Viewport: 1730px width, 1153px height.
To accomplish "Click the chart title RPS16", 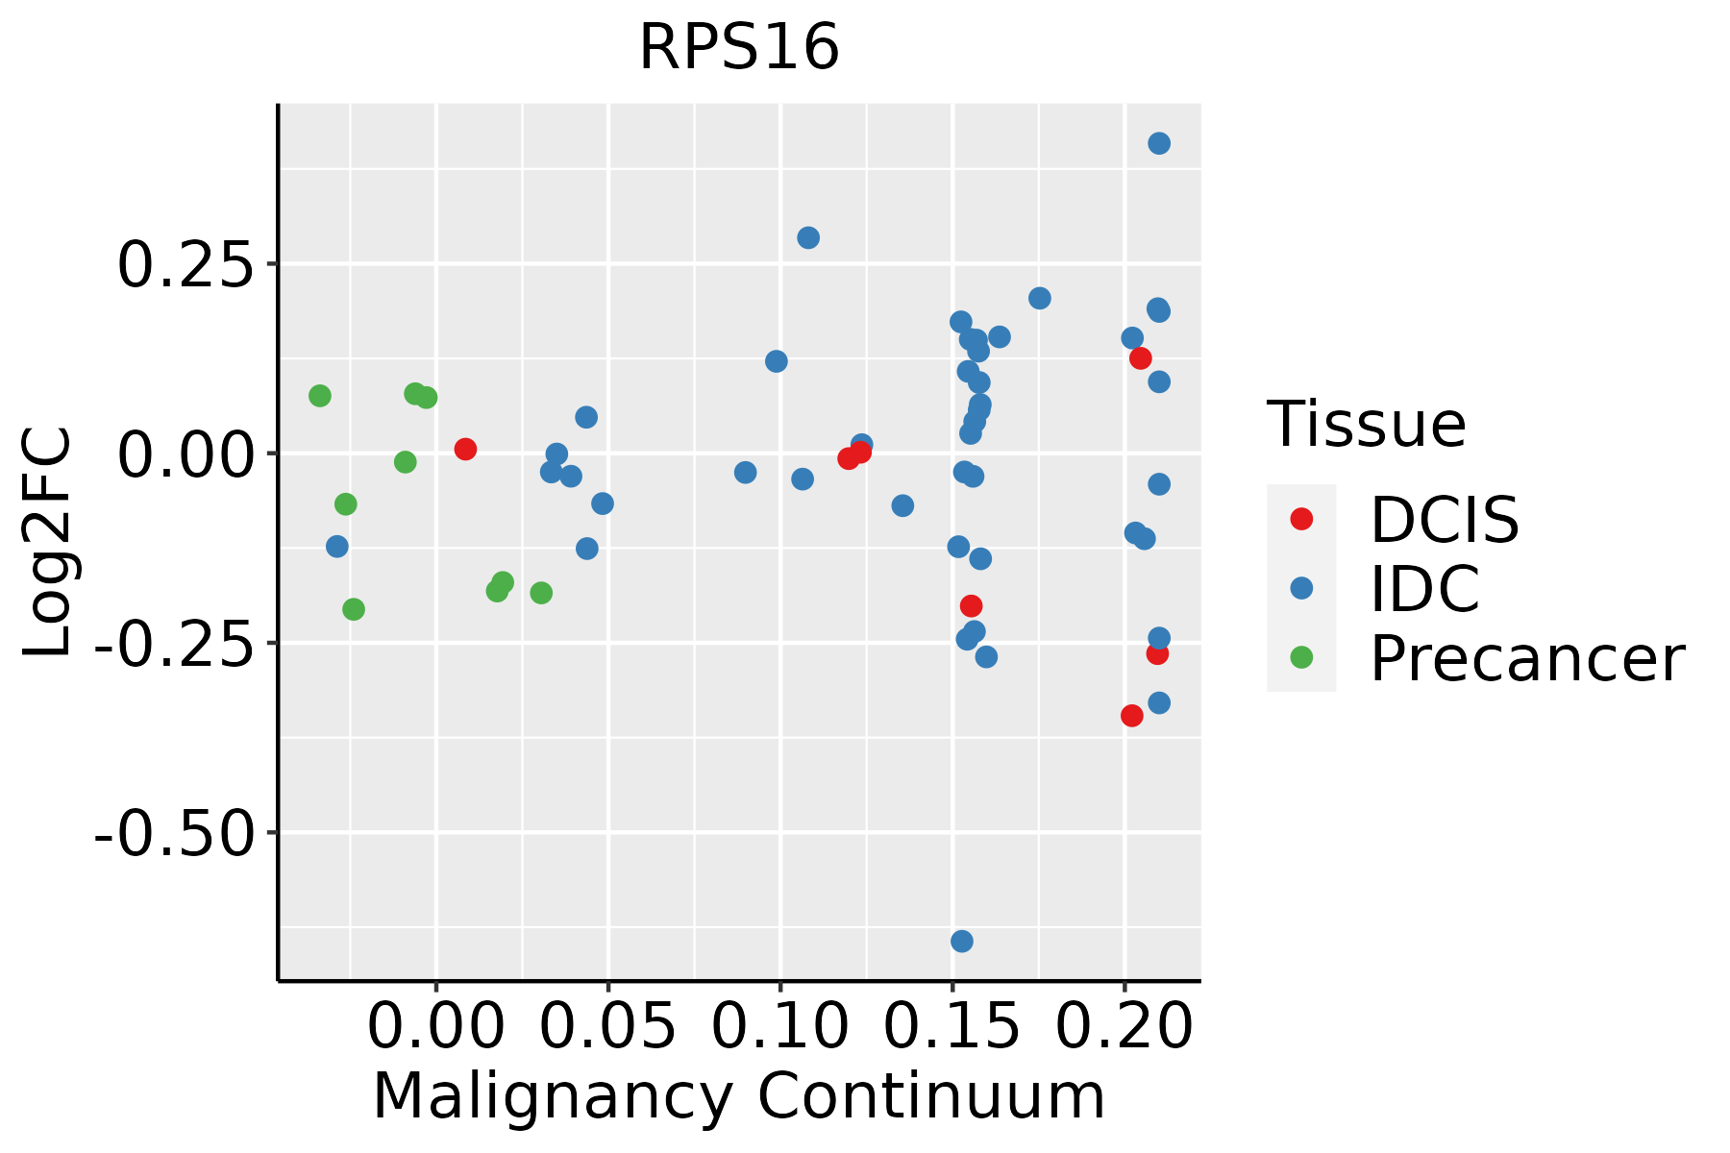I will click(x=739, y=48).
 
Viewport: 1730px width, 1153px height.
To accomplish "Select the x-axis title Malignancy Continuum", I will click(x=738, y=1096).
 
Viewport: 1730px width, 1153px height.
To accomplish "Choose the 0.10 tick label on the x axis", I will click(x=779, y=1026).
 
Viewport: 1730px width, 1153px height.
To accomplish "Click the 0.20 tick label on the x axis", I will click(x=1124, y=1026).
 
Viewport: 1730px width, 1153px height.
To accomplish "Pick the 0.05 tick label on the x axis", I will click(x=607, y=1026).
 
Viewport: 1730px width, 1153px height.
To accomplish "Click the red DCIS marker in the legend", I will click(x=1301, y=519).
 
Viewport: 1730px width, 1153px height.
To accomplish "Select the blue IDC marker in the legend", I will click(x=1301, y=588).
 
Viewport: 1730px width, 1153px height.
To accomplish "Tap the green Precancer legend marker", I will click(x=1301, y=657).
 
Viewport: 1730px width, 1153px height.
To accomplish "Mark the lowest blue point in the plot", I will click(x=962, y=941).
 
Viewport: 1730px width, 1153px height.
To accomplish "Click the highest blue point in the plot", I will click(x=1159, y=143).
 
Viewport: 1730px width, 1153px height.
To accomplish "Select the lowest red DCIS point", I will click(x=1132, y=715).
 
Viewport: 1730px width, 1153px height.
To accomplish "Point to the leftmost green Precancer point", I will click(x=320, y=396).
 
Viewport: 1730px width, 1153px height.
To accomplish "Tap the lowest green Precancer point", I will click(x=354, y=609).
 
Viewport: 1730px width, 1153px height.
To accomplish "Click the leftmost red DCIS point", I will click(x=465, y=449).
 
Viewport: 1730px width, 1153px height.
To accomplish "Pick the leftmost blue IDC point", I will click(x=337, y=547).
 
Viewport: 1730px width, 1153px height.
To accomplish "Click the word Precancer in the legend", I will click(x=1526, y=659).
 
